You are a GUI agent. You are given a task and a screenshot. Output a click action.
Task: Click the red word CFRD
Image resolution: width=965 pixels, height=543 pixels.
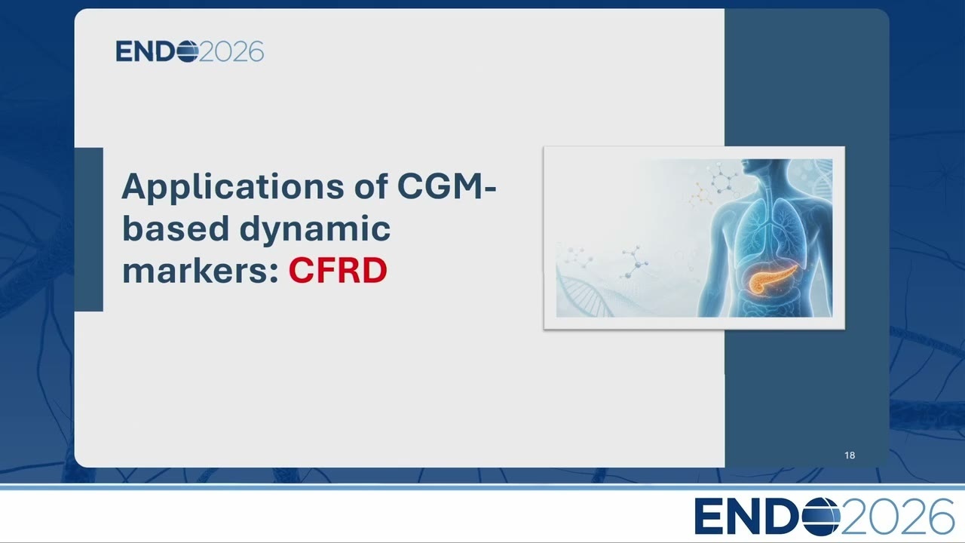338,270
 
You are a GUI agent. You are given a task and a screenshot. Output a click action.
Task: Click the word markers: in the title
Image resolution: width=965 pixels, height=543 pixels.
201,270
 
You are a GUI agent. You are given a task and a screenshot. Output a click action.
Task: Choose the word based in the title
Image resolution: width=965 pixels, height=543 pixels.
176,228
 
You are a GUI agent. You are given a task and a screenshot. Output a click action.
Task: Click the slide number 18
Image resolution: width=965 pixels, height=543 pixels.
850,455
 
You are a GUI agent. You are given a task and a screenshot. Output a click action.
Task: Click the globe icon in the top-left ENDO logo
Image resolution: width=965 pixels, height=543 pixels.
188,52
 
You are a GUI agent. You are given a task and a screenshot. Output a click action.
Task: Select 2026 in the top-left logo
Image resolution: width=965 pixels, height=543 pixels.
231,52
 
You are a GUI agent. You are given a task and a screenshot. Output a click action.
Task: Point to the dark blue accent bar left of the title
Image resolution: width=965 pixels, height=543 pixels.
89,229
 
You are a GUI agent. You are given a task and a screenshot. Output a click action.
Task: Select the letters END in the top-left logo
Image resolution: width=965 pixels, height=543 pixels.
146,52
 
